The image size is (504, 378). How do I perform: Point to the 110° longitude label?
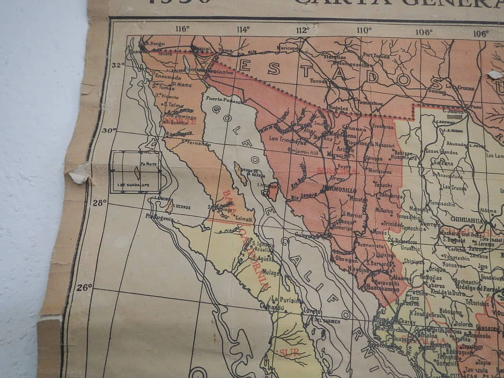click(364, 30)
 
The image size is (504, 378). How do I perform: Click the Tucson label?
click(319, 81)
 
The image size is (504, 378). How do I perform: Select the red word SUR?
click(287, 353)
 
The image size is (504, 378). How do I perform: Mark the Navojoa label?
click(358, 270)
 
